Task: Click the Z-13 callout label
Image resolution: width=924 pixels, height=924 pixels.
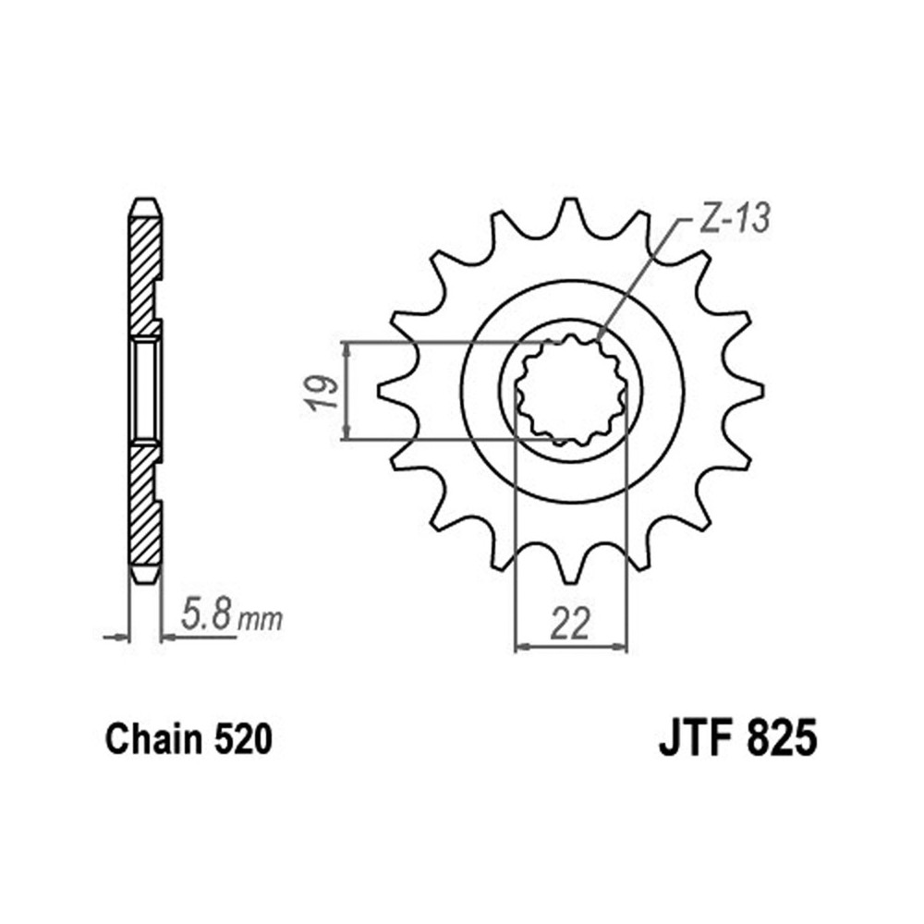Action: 735,219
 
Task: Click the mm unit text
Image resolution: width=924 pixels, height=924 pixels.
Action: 260,619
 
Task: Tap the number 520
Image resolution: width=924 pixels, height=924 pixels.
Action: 243,739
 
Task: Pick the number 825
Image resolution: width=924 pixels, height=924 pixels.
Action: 782,739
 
